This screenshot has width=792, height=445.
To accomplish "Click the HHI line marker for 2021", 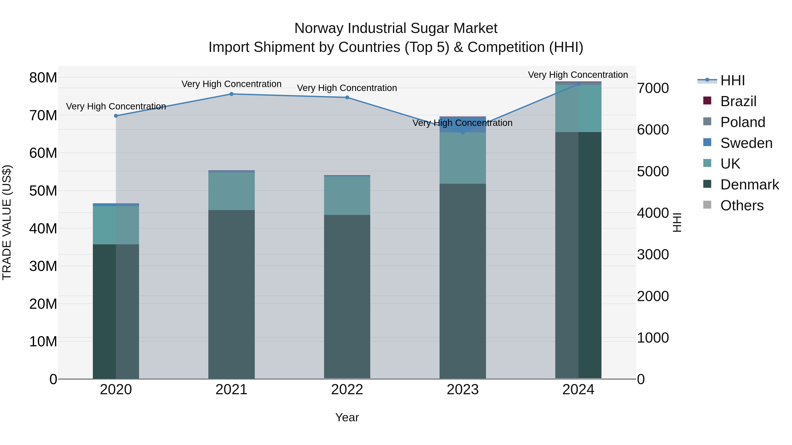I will click(x=231, y=94).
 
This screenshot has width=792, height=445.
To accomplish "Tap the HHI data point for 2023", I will click(x=463, y=132).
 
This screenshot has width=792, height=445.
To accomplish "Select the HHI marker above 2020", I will click(x=116, y=116).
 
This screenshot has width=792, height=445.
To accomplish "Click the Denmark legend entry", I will click(x=749, y=185).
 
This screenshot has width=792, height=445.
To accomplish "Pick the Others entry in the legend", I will click(x=742, y=205).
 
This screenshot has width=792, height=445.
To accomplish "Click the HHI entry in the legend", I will click(x=732, y=80).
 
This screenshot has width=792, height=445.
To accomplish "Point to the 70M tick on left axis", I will click(x=43, y=115).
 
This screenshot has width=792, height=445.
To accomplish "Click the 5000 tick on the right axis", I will click(x=653, y=171).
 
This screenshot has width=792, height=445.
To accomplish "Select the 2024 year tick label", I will click(x=578, y=390).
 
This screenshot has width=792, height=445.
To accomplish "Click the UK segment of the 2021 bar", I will click(x=231, y=191).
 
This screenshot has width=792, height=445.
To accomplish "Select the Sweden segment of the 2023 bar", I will click(x=463, y=124).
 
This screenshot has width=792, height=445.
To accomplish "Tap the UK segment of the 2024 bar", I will click(x=578, y=108).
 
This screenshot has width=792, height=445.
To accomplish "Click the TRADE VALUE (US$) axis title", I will click(x=7, y=222).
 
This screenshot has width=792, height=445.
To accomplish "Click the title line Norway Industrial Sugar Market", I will click(x=396, y=28).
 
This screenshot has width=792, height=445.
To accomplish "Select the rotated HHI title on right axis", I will click(x=677, y=222).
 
